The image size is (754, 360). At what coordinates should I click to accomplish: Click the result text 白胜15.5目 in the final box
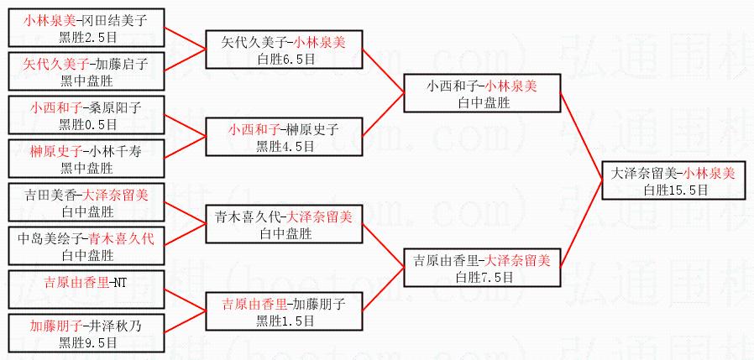[x=675, y=190]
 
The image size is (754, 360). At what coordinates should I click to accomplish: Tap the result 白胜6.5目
[x=285, y=59]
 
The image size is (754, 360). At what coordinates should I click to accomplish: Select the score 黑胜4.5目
[x=285, y=146]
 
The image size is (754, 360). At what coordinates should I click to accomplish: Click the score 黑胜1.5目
[x=285, y=321]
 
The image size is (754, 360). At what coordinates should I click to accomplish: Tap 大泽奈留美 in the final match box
[x=644, y=174]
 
